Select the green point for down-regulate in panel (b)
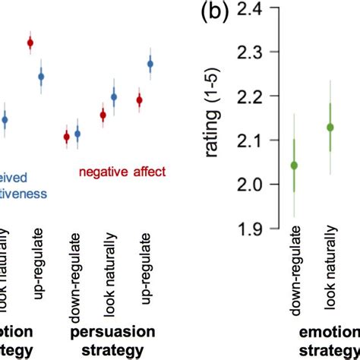pyautogui.click(x=295, y=165)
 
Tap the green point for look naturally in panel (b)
pyautogui.click(x=330, y=128)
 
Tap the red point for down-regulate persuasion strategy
pyautogui.click(x=66, y=137)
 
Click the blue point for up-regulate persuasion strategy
pyautogui.click(x=150, y=65)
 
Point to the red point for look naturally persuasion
pyautogui.click(x=103, y=115)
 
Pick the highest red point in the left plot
pyautogui.click(x=30, y=43)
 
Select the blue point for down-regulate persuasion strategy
pyautogui.click(x=77, y=134)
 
